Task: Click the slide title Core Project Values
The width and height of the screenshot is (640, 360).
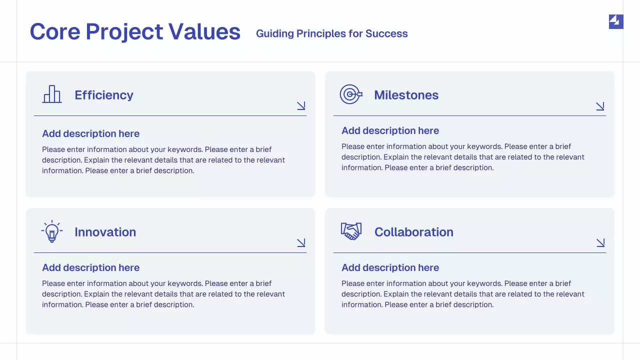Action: pos(135,31)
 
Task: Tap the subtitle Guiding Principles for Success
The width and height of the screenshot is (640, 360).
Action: pos(331,33)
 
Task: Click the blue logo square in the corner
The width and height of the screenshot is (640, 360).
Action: pos(616,21)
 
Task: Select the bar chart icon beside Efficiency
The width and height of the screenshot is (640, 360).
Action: pos(52,94)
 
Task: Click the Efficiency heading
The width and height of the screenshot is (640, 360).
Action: pos(104,95)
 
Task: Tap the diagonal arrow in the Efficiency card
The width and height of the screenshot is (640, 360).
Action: pos(301,105)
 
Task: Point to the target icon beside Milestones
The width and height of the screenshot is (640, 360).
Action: pos(350,94)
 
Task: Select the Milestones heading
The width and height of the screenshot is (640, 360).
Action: pos(406,95)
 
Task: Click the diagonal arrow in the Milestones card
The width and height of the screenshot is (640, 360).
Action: pos(600,106)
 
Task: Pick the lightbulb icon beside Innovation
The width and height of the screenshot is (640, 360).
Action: pos(52,231)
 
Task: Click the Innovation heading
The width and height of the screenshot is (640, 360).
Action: pos(105,232)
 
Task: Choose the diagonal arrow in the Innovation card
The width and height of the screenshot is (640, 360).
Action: pos(301,242)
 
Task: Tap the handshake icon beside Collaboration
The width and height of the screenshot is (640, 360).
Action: pos(351,231)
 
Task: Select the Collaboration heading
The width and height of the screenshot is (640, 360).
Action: pos(413,232)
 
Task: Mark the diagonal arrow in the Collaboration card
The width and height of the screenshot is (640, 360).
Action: pos(600,242)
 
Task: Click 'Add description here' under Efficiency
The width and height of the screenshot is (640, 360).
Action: pos(90,133)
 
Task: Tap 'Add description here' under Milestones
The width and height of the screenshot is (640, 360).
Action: pos(390,130)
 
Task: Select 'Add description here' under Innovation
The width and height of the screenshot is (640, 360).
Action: pos(90,267)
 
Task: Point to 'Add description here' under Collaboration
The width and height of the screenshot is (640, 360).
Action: pos(390,267)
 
